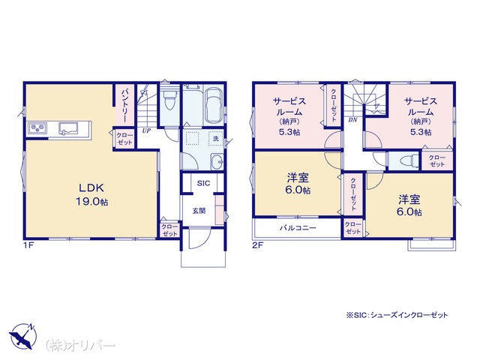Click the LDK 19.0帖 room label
click(x=91, y=194)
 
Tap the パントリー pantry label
click(x=124, y=104)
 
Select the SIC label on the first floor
click(x=203, y=183)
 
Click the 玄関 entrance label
click(x=199, y=211)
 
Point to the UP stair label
click(x=146, y=130)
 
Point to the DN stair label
click(x=352, y=120)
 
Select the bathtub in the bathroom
click(x=213, y=105)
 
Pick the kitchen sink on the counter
click(x=68, y=128)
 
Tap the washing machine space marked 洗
click(x=216, y=138)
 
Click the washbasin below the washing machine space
click(x=217, y=161)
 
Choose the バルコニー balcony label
click(x=298, y=228)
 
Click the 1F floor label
click(x=28, y=245)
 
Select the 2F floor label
click(x=257, y=245)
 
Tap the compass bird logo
click(x=22, y=336)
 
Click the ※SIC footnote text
click(x=397, y=315)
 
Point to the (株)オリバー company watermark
click(x=80, y=346)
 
